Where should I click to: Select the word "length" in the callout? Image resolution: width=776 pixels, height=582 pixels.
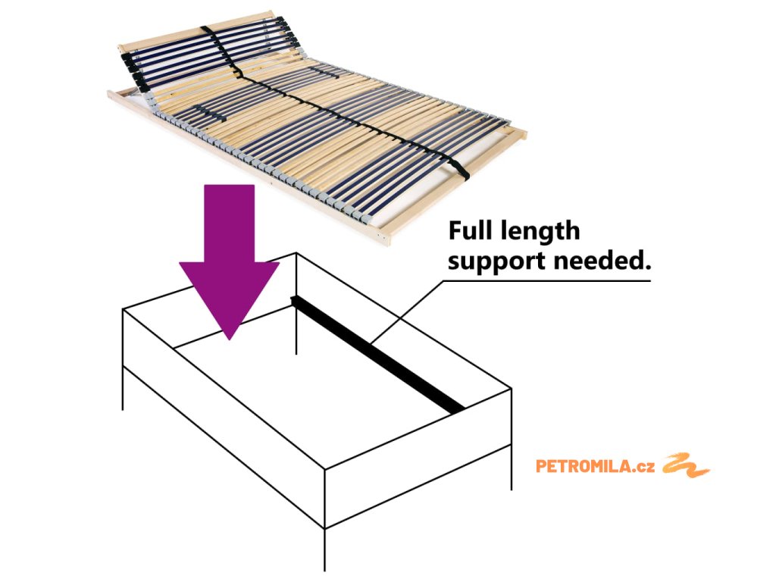click(540, 231)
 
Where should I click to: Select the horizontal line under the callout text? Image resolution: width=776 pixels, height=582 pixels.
click(546, 280)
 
